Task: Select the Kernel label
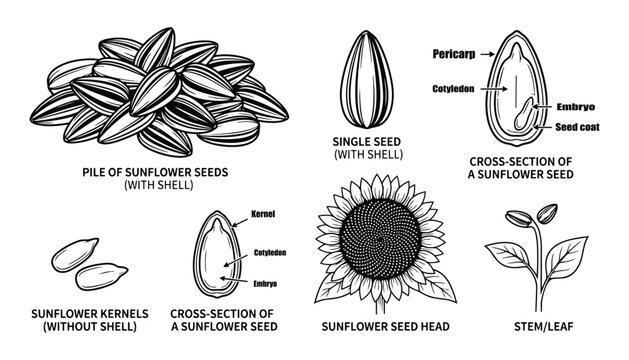tap(265, 215)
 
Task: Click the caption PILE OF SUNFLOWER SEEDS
tap(155, 171)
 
